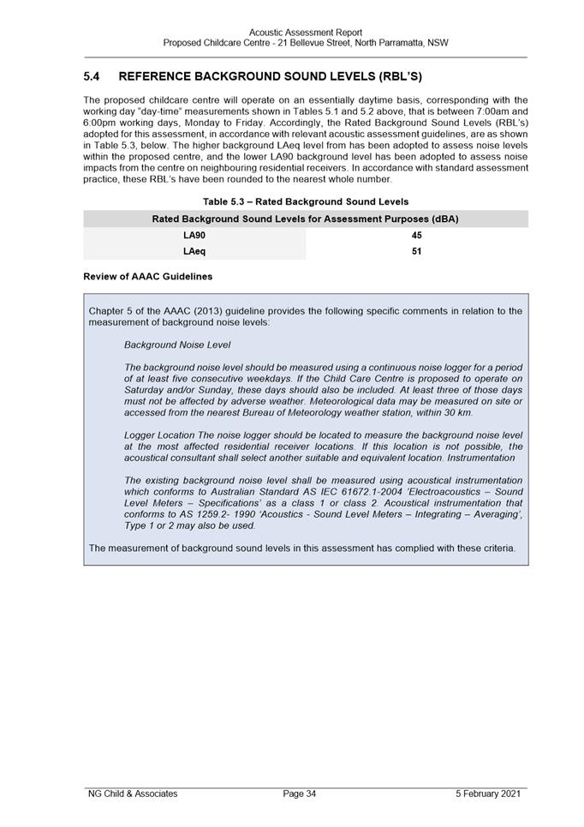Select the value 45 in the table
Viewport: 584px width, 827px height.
(416, 235)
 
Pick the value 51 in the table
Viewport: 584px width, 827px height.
(416, 252)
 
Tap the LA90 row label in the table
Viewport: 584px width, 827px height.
(194, 235)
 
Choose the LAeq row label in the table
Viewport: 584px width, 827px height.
(194, 252)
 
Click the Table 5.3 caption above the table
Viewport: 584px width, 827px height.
(306, 201)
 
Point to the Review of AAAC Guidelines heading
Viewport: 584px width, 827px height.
(148, 277)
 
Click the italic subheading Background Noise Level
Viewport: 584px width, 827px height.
(177, 345)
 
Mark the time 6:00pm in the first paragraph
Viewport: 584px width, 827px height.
(101, 123)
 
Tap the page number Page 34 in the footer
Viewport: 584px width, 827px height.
(300, 794)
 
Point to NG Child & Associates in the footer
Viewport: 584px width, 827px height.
(133, 794)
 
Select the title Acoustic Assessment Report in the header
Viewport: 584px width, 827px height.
(306, 33)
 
